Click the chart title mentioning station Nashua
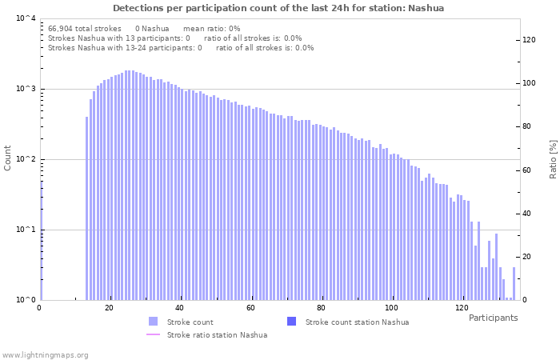pyautogui.click(x=278, y=8)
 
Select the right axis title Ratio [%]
pyautogui.click(x=552, y=158)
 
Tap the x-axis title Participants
pyautogui.click(x=493, y=318)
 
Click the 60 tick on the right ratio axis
pyautogui.click(x=528, y=170)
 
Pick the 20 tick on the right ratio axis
pyautogui.click(x=528, y=257)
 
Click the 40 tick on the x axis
pyautogui.click(x=180, y=308)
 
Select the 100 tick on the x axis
pyautogui.click(x=391, y=308)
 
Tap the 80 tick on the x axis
pyautogui.click(x=321, y=308)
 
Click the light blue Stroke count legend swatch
pyautogui.click(x=154, y=322)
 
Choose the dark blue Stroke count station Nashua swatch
pyautogui.click(x=291, y=322)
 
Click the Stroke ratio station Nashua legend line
pyautogui.click(x=154, y=334)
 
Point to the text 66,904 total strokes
pyautogui.click(x=85, y=28)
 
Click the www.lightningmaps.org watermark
pyautogui.click(x=46, y=354)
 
